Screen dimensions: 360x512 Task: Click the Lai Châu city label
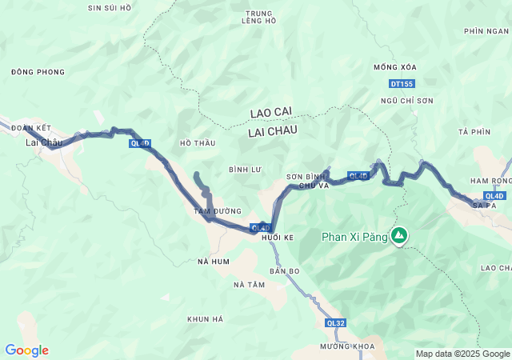click(44, 142)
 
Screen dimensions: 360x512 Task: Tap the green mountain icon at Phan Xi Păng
click(398, 236)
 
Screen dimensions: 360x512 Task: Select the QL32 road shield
click(336, 323)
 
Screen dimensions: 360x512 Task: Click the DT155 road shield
click(402, 84)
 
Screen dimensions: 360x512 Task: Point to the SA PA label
click(484, 206)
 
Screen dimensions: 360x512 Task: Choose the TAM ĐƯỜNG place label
click(218, 211)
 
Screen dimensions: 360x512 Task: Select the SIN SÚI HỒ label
click(110, 7)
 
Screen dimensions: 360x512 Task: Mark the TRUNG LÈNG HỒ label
click(258, 17)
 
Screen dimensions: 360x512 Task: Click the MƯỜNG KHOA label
click(346, 346)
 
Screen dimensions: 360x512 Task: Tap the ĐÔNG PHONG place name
click(38, 72)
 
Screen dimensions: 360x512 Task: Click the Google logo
click(26, 350)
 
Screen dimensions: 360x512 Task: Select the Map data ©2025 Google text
click(462, 354)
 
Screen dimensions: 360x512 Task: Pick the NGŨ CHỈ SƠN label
click(407, 101)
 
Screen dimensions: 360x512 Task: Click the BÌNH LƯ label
click(245, 170)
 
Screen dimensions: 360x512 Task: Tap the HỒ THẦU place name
click(198, 143)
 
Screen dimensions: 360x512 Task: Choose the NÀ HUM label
click(214, 262)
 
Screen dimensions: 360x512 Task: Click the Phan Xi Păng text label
click(354, 237)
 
